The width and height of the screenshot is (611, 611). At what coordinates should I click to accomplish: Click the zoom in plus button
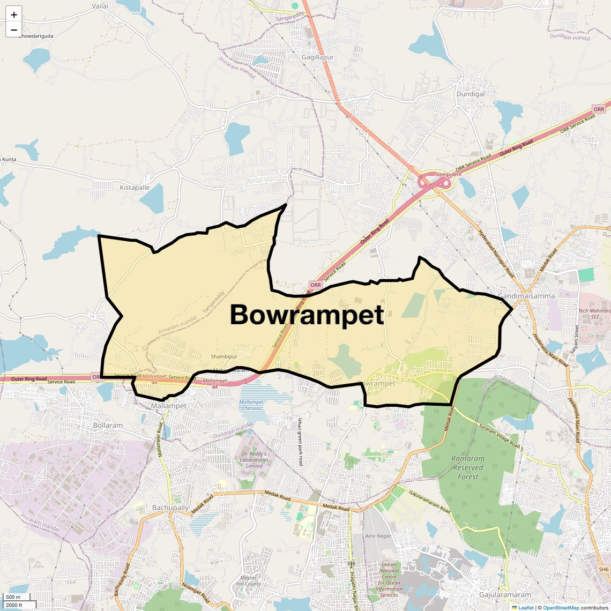14,15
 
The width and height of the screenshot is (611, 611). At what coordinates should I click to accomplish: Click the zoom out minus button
14,30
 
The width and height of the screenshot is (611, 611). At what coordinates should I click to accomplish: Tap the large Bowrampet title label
307,315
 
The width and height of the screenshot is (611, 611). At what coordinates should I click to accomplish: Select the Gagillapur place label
317,57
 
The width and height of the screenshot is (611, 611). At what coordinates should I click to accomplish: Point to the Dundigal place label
470,94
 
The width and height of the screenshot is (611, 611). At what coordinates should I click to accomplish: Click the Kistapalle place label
135,188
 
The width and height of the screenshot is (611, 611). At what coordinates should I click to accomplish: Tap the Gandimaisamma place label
526,296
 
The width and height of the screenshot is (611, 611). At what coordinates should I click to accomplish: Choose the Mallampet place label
168,406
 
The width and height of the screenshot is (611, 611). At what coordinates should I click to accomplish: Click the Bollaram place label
108,426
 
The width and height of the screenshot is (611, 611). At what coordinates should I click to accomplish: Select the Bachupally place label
170,508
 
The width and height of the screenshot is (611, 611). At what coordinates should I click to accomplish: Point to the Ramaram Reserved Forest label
468,467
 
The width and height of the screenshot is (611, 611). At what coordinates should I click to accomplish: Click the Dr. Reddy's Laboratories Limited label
254,460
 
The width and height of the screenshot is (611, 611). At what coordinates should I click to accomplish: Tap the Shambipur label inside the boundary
224,356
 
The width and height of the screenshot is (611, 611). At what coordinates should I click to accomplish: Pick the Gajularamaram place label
505,594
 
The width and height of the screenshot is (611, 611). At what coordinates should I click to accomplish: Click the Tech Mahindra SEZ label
594,314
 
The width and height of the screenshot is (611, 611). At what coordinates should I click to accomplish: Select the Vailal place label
100,6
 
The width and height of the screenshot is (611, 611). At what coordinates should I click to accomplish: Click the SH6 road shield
604,569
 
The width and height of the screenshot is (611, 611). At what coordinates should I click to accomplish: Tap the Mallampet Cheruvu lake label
251,405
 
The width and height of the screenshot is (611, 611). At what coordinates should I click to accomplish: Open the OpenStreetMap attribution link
561,607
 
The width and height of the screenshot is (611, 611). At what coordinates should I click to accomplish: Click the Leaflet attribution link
526,607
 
